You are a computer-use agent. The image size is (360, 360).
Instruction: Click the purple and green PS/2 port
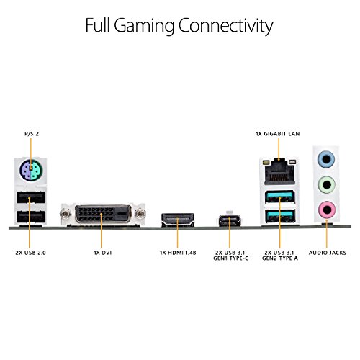[31, 171]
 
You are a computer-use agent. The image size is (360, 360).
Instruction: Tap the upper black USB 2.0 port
[31, 197]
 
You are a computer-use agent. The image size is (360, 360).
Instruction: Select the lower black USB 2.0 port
[31, 217]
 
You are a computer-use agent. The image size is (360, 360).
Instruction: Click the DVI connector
[103, 214]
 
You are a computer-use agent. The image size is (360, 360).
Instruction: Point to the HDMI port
[178, 220]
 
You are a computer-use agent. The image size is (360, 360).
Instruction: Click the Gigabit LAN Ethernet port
[279, 172]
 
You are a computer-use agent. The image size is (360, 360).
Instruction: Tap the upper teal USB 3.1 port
[279, 197]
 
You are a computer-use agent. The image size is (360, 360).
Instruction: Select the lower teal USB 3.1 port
[279, 216]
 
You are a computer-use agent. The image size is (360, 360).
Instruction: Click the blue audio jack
[326, 158]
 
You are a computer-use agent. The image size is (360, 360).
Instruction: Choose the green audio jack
[326, 184]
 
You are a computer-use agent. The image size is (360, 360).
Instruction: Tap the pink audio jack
[326, 210]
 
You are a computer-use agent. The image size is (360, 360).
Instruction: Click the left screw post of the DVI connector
[66, 213]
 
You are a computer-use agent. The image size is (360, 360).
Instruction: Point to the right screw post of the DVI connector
[140, 213]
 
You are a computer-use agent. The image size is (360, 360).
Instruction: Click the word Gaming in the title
[144, 26]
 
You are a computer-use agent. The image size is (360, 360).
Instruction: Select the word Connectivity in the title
[225, 26]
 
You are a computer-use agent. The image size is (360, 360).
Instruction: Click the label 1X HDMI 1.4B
[178, 253]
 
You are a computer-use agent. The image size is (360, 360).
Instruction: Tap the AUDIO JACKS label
[328, 253]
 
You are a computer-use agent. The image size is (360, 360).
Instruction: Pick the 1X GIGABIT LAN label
[278, 134]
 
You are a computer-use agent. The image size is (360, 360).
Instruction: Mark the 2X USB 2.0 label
[30, 253]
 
